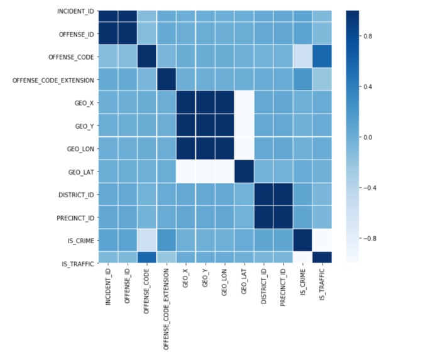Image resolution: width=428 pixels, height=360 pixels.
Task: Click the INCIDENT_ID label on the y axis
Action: click(x=75, y=11)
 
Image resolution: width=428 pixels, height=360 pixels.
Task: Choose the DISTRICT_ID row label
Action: click(x=77, y=194)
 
